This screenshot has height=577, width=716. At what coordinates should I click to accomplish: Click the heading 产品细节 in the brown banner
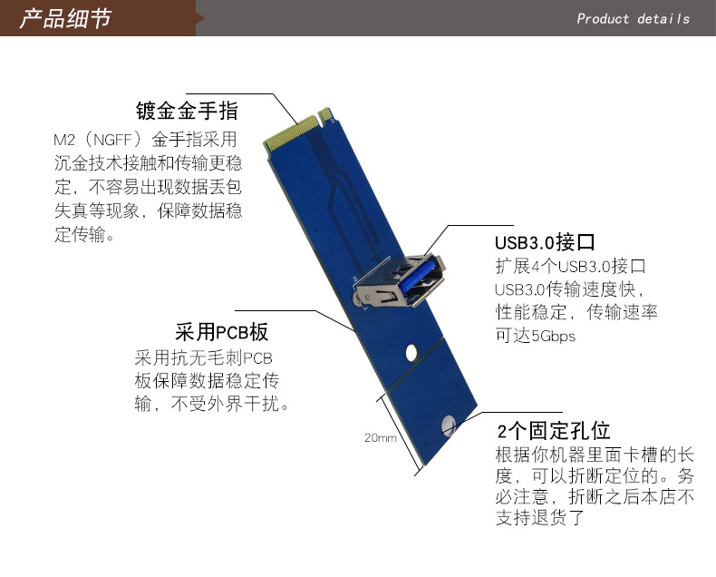(x=65, y=19)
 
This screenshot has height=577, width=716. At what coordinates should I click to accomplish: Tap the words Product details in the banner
(x=633, y=19)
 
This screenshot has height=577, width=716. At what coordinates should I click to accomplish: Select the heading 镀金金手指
(x=188, y=111)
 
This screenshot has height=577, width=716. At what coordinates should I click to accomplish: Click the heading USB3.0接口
(x=545, y=242)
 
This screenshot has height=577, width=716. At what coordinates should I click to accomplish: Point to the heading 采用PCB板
(x=221, y=332)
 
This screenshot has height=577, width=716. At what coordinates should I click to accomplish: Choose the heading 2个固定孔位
(x=554, y=430)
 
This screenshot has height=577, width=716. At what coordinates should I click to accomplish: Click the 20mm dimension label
(x=381, y=438)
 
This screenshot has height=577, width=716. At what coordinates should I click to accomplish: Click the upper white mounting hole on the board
(x=411, y=353)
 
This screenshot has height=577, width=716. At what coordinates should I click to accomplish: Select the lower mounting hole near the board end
(x=449, y=425)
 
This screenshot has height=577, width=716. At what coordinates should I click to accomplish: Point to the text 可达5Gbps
(x=536, y=336)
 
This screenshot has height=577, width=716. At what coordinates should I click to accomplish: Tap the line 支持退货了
(x=540, y=517)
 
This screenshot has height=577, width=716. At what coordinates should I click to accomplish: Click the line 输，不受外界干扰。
(x=212, y=404)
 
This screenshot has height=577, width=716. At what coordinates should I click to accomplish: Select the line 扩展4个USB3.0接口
(x=571, y=266)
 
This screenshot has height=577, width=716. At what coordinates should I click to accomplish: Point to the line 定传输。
(x=84, y=234)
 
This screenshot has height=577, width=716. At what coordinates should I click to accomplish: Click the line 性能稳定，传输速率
(x=576, y=312)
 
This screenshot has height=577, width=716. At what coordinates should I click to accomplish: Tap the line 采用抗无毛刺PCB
(x=204, y=357)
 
